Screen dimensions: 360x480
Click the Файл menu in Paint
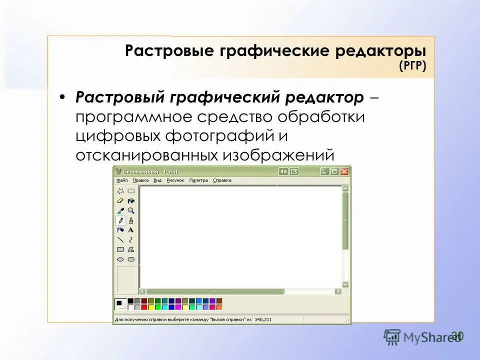pyautogui.click(x=122, y=180)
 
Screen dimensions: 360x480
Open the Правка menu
pyautogui.click(x=140, y=180)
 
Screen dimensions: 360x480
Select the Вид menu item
pyautogui.click(x=157, y=180)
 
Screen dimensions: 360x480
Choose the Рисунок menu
pyautogui.click(x=175, y=180)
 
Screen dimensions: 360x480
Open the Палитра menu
pyautogui.click(x=198, y=180)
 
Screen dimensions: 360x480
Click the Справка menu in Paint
pyautogui.click(x=222, y=180)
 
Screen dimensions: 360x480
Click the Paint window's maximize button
pyautogui.click(x=334, y=171)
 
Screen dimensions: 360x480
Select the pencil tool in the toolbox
pyautogui.click(x=120, y=220)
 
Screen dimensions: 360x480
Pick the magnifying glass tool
pyautogui.click(x=131, y=210)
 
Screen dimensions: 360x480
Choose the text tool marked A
pyautogui.click(x=131, y=230)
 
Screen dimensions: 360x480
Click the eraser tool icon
pyautogui.click(x=120, y=200)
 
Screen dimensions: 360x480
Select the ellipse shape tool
pyautogui.click(x=120, y=259)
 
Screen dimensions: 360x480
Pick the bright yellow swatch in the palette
pyautogui.click(x=151, y=306)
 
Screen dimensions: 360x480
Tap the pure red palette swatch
pyautogui.click(x=144, y=306)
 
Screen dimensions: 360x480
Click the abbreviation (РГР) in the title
pyautogui.click(x=412, y=66)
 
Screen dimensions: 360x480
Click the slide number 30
pyautogui.click(x=457, y=335)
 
